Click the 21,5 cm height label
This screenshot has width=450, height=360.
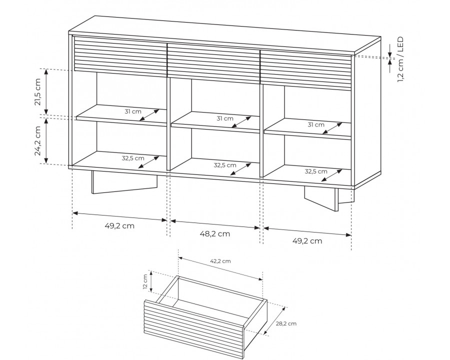tap(38, 91)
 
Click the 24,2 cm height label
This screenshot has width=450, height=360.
tap(38, 140)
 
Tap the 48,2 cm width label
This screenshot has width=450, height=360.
tap(215, 234)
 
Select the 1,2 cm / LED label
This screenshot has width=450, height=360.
tap(400, 59)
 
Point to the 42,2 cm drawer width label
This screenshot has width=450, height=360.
tap(220, 261)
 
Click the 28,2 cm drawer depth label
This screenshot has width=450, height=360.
tap(286, 323)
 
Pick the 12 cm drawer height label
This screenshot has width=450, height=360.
tap(145, 282)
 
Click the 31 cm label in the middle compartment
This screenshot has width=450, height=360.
tap(225, 118)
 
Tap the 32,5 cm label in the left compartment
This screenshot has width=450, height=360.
tap(133, 158)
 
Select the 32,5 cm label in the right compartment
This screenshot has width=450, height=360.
tap(316, 171)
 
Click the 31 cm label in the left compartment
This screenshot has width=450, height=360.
tap(133, 111)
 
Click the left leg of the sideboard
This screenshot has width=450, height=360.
tap(124, 182)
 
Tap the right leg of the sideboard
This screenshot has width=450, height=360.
tap(329, 199)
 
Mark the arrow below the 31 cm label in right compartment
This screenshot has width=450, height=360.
tap(332, 128)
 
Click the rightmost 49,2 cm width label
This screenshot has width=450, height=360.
tap(307, 241)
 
